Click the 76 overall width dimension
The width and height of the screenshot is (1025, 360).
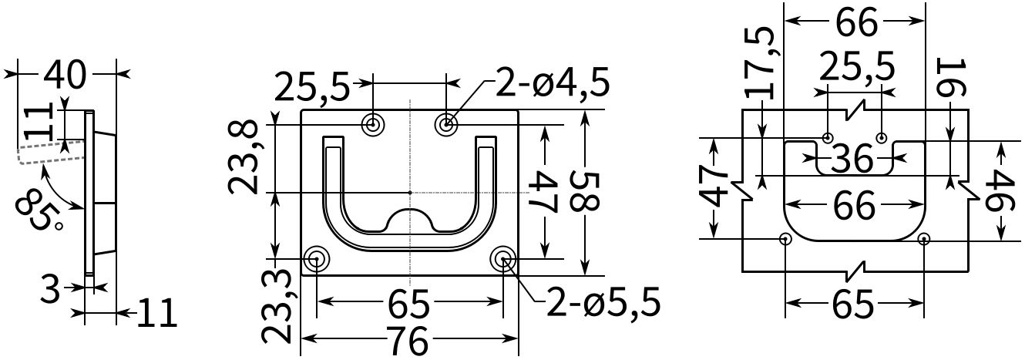[408, 340]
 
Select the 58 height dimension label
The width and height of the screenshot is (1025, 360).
[584, 191]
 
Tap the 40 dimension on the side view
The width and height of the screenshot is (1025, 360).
[65, 74]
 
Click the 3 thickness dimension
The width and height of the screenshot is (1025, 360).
[49, 289]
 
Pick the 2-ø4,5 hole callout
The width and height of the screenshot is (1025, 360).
[552, 82]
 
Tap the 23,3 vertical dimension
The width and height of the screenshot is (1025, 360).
[277, 306]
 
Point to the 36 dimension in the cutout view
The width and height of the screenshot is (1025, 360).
[852, 159]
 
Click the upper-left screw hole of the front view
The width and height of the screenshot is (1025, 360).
[374, 124]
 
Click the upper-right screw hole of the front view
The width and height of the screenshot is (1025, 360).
[446, 124]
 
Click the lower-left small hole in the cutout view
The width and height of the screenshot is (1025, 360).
[785, 239]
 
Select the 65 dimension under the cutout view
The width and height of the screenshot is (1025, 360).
[852, 305]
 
